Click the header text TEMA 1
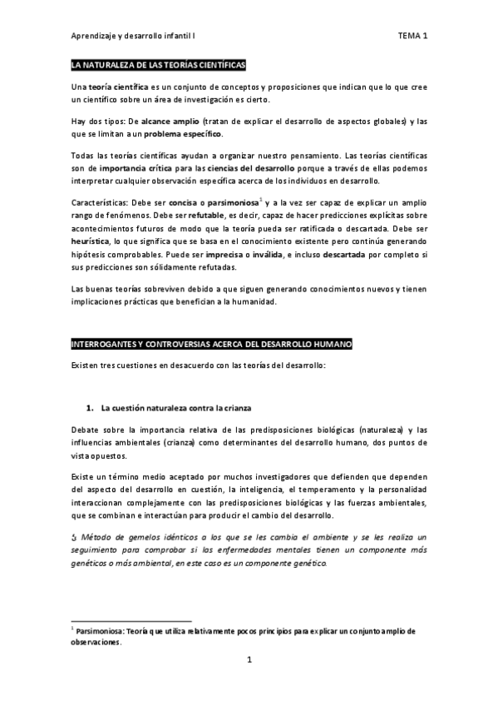click(412, 37)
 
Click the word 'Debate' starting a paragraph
click(85, 429)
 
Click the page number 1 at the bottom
click(249, 684)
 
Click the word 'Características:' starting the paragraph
click(98, 203)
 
